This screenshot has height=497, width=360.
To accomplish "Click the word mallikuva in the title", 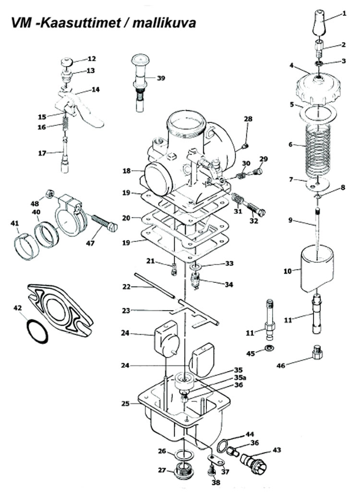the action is tap(164, 23).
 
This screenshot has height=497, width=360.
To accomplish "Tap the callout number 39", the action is tap(161, 78).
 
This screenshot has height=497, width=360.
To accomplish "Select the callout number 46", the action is tap(281, 365).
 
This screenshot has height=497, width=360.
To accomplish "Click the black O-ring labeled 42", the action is tap(37, 331).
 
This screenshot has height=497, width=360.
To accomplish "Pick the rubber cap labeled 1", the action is tap(319, 23).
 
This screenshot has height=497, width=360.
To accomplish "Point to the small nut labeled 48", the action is tap(49, 194).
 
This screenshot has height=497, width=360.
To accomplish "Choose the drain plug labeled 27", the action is tap(183, 472).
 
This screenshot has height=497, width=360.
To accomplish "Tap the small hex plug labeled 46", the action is tap(317, 352).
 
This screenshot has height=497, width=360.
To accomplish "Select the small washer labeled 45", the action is tap(270, 348).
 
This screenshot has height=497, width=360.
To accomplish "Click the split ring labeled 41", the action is tap(26, 247).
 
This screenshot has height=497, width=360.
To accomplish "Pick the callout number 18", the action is tap(127, 171).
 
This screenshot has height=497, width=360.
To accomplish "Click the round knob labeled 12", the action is tap(67, 61).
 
